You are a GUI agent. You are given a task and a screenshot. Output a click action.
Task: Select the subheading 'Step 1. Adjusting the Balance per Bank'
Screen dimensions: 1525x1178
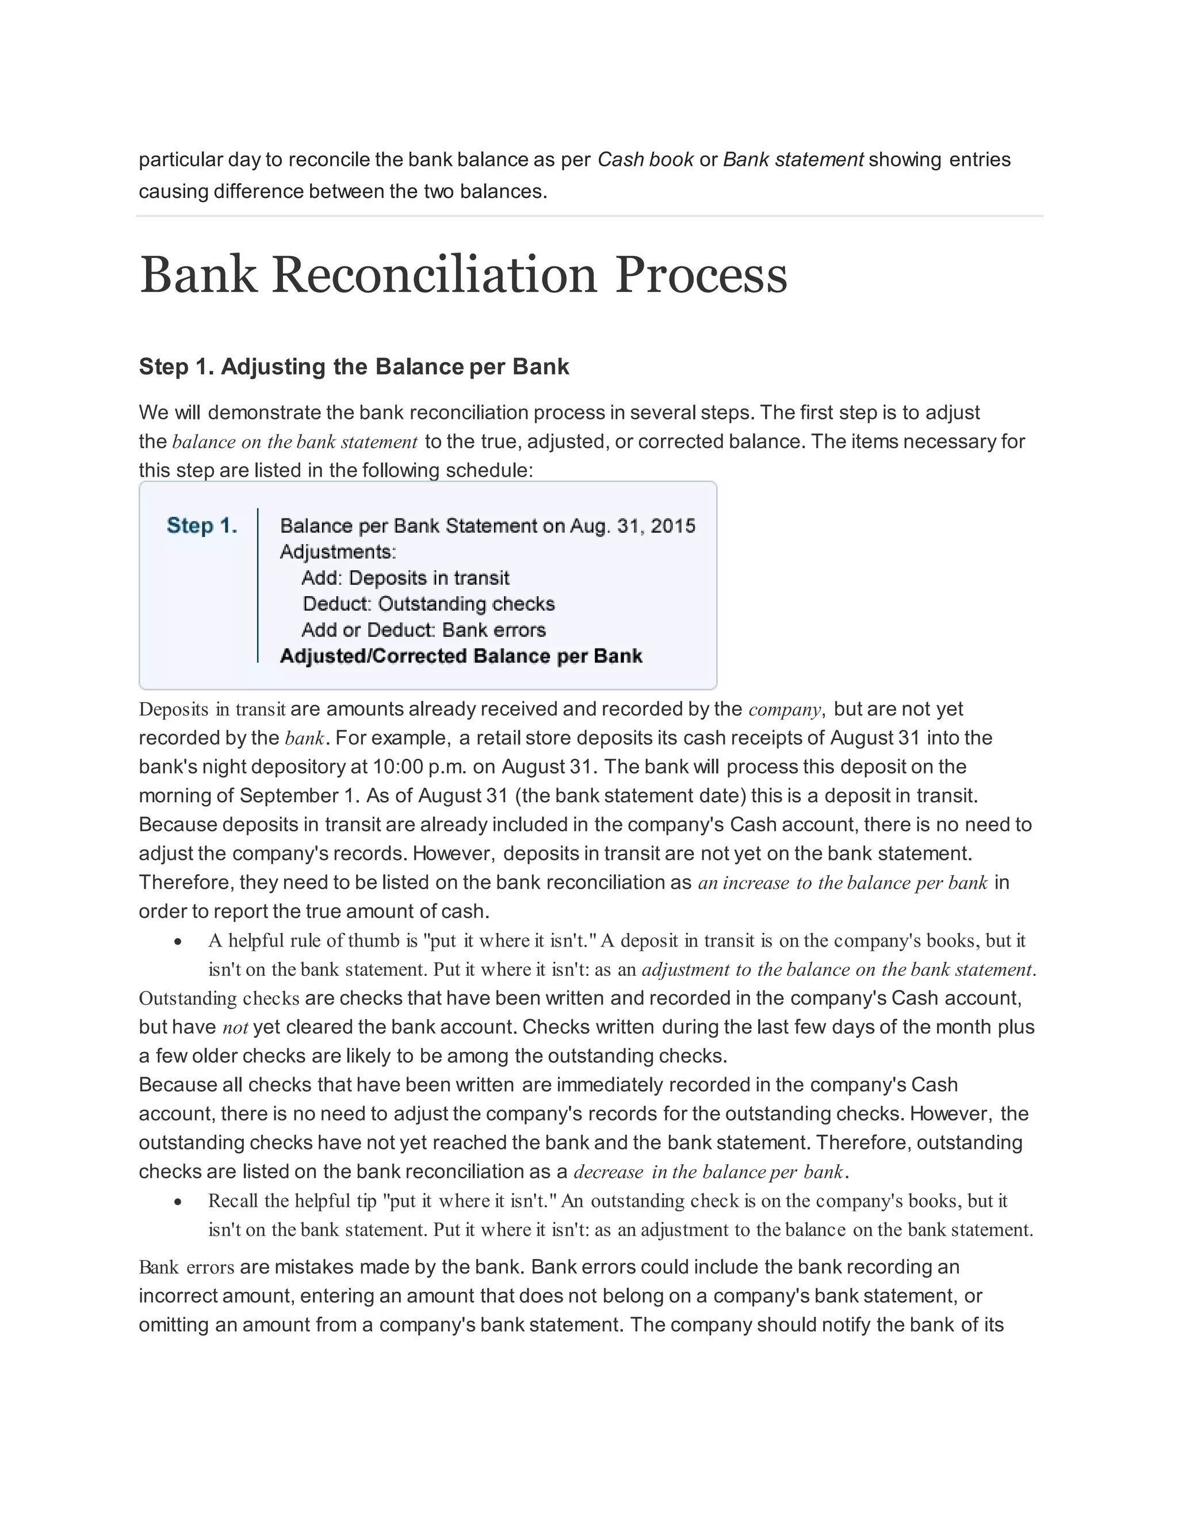pyautogui.click(x=354, y=367)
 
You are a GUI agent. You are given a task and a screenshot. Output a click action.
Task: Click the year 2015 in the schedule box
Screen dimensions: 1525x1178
pyautogui.click(x=673, y=526)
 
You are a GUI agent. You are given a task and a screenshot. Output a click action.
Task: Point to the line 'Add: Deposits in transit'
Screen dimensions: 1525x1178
pyautogui.click(x=405, y=578)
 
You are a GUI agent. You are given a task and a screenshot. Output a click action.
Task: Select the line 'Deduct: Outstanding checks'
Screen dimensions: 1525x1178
pyautogui.click(x=429, y=604)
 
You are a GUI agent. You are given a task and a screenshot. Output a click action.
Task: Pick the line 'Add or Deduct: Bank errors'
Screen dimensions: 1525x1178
pyautogui.click(x=423, y=630)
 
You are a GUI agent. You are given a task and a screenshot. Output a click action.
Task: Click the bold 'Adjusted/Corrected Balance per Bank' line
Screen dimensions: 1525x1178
pyautogui.click(x=461, y=657)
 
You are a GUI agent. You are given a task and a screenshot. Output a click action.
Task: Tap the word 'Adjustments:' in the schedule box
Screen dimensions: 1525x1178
pyautogui.click(x=338, y=552)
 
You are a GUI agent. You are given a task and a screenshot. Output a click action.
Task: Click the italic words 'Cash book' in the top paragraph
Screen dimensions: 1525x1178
pyautogui.click(x=645, y=160)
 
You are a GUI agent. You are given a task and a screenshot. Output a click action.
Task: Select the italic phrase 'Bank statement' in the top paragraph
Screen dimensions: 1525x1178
pyautogui.click(x=793, y=160)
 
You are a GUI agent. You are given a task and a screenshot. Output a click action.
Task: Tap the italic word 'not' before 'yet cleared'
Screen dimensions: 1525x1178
pyautogui.click(x=235, y=1027)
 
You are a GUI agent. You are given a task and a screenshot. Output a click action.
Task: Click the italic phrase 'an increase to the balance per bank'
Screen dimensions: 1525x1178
pyautogui.click(x=842, y=883)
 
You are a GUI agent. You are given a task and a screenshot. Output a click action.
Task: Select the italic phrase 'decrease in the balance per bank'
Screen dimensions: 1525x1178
pyautogui.click(x=708, y=1172)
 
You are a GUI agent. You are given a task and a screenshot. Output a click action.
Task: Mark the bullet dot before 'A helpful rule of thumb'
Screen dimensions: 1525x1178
pyautogui.click(x=179, y=942)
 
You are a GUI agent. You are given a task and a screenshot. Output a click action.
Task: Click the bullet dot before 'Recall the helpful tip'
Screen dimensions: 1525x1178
pyautogui.click(x=179, y=1202)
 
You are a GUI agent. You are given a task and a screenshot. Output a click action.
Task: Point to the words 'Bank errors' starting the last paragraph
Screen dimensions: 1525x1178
pyautogui.click(x=186, y=1267)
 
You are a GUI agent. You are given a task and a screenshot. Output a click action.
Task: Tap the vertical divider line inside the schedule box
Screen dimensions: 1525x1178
pyautogui.click(x=258, y=585)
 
